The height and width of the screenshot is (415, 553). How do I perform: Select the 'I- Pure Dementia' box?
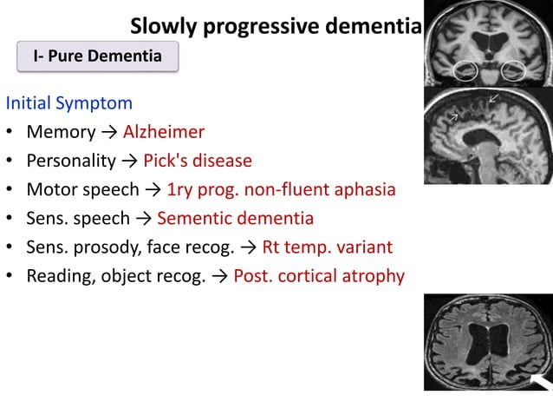pyautogui.click(x=97, y=57)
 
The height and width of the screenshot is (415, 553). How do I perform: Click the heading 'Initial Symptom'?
pyautogui.click(x=69, y=103)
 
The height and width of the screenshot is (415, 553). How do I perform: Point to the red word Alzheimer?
pyautogui.click(x=164, y=133)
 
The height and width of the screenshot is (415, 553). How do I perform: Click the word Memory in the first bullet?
pyautogui.click(x=61, y=133)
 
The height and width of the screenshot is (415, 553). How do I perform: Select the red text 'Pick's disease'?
pyautogui.click(x=198, y=161)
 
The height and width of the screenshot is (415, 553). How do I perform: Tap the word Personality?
pyautogui.click(x=71, y=161)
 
